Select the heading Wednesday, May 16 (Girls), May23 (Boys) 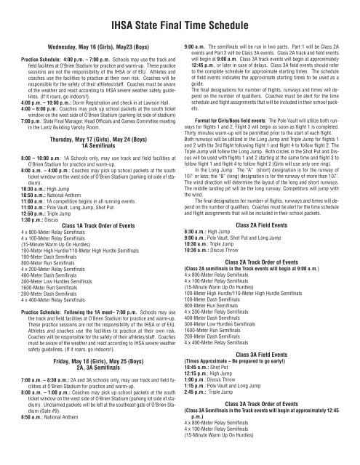(x=90, y=45)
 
